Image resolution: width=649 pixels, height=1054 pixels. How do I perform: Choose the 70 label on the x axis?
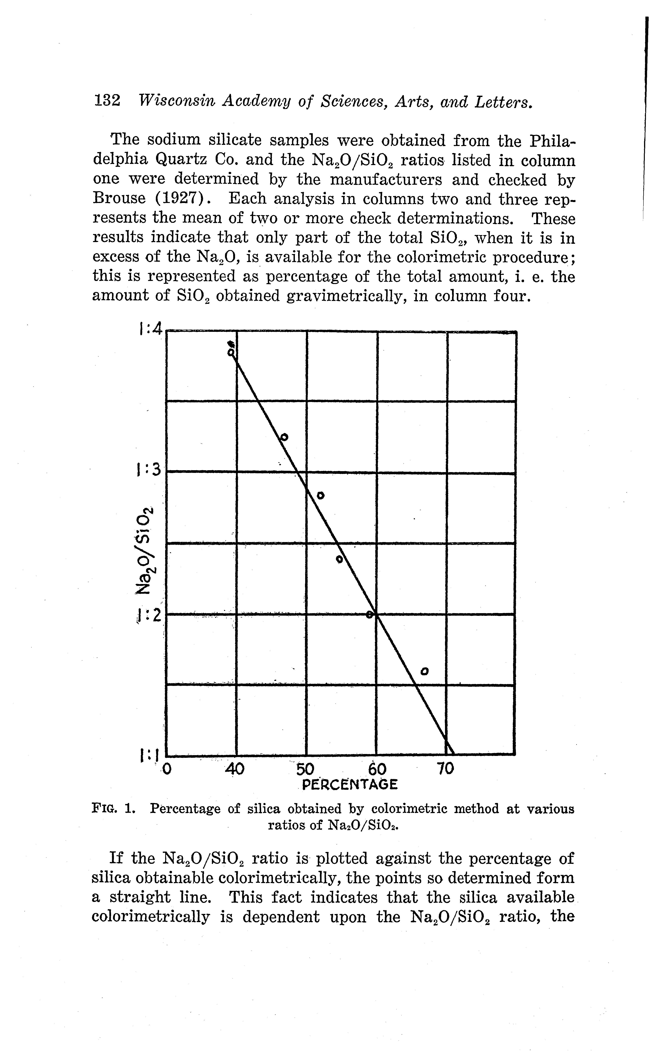[x=446, y=769]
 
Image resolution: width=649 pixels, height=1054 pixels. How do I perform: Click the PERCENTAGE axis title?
[x=350, y=785]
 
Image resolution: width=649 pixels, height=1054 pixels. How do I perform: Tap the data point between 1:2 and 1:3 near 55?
[x=339, y=559]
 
